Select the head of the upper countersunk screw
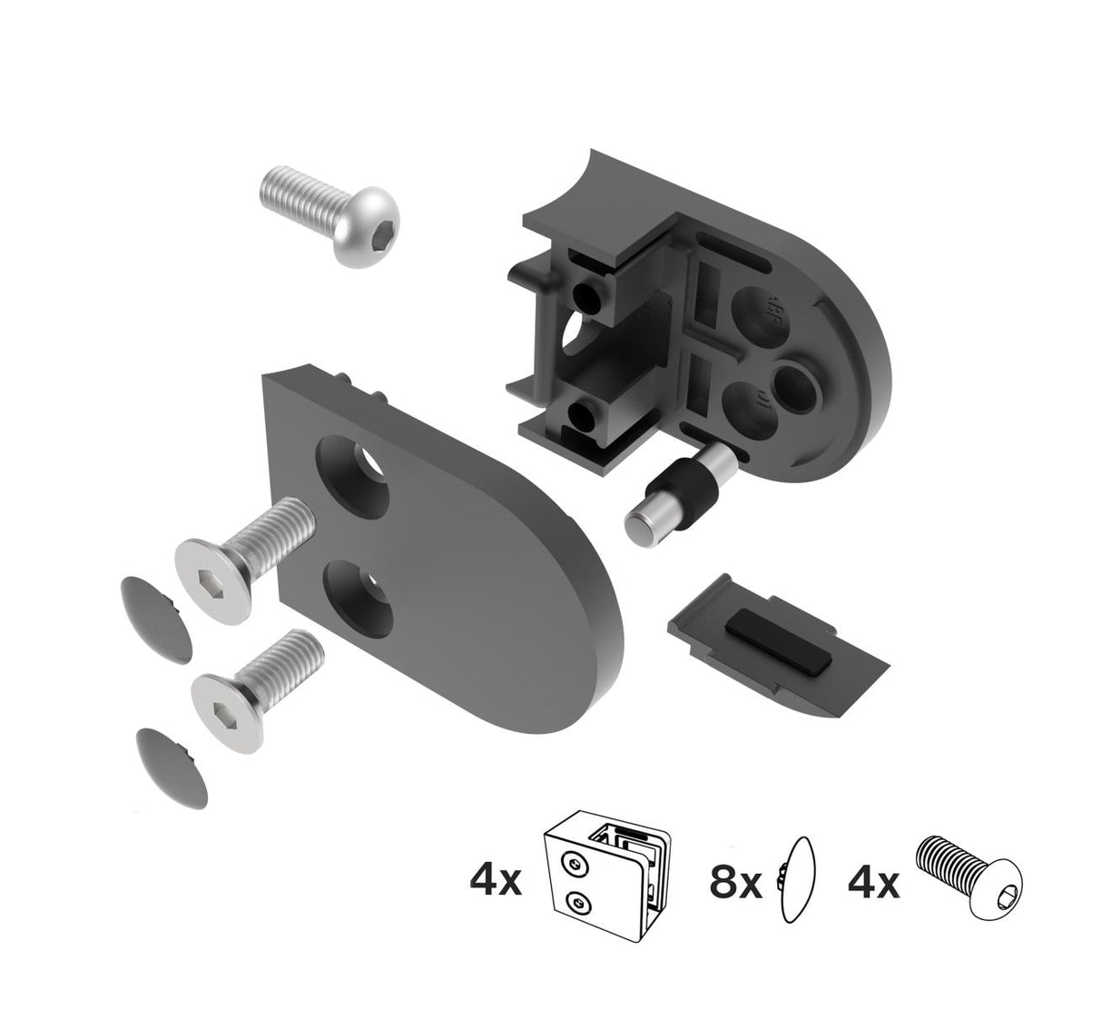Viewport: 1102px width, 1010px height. (x=212, y=569)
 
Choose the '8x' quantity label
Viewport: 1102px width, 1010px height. (x=736, y=881)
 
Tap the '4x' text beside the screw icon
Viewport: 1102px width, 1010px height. (x=873, y=881)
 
